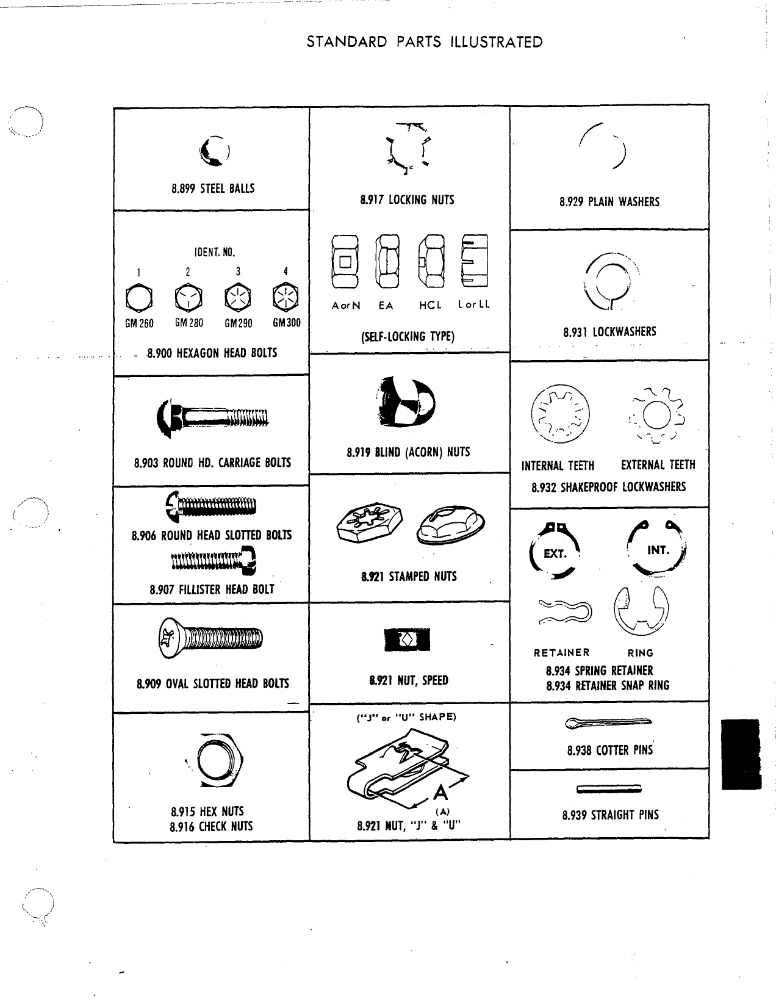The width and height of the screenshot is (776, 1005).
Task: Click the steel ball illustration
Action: (x=215, y=151)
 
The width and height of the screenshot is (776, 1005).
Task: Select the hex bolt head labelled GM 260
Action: (x=138, y=298)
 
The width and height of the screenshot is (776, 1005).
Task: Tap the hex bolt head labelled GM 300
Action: (x=286, y=297)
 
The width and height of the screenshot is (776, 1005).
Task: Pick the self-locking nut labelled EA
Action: (x=387, y=261)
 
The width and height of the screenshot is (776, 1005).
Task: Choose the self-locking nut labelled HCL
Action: (x=431, y=261)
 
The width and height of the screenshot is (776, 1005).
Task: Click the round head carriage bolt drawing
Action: (x=212, y=417)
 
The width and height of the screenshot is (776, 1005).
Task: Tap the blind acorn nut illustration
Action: (x=407, y=402)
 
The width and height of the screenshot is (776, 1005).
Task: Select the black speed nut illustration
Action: (x=407, y=639)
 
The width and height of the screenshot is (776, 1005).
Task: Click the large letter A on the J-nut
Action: (x=440, y=793)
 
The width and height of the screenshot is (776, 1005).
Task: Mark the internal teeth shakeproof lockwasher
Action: (x=560, y=414)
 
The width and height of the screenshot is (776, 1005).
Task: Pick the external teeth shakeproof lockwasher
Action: (x=656, y=416)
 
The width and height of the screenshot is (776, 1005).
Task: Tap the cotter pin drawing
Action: (x=608, y=722)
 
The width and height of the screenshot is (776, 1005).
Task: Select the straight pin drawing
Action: (x=609, y=789)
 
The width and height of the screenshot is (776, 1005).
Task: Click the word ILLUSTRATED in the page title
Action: (x=497, y=42)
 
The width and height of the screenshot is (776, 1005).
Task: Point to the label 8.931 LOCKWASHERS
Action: (x=609, y=331)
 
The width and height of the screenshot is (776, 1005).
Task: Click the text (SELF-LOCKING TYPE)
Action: (x=408, y=336)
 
